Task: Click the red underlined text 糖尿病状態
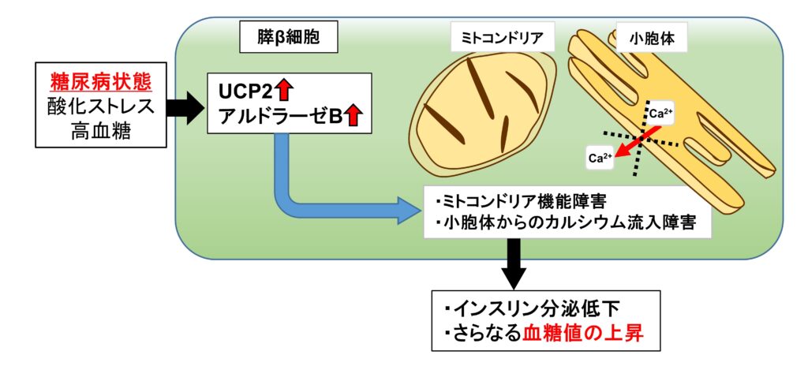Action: pyautogui.click(x=101, y=82)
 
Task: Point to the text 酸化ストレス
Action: pyautogui.click(x=101, y=106)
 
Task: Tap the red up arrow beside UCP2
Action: pyautogui.click(x=284, y=91)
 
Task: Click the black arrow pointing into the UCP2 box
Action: pyautogui.click(x=186, y=108)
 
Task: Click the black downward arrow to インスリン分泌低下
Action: pyautogui.click(x=513, y=264)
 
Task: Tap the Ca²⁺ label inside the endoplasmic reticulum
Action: pyautogui.click(x=660, y=114)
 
